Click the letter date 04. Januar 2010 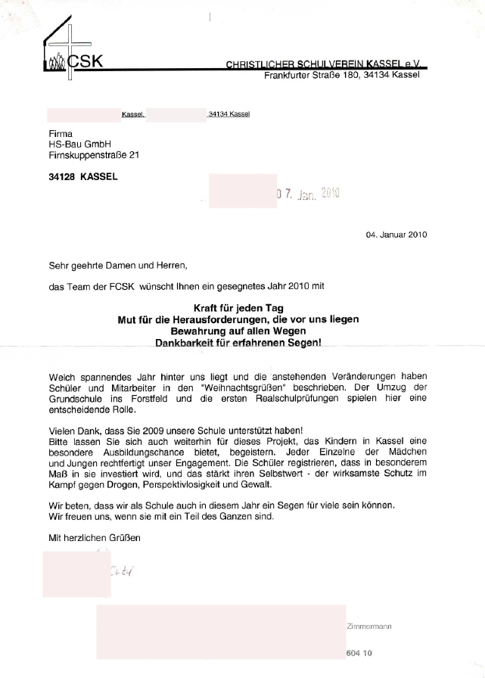click(396, 235)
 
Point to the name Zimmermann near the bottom click(368, 627)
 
